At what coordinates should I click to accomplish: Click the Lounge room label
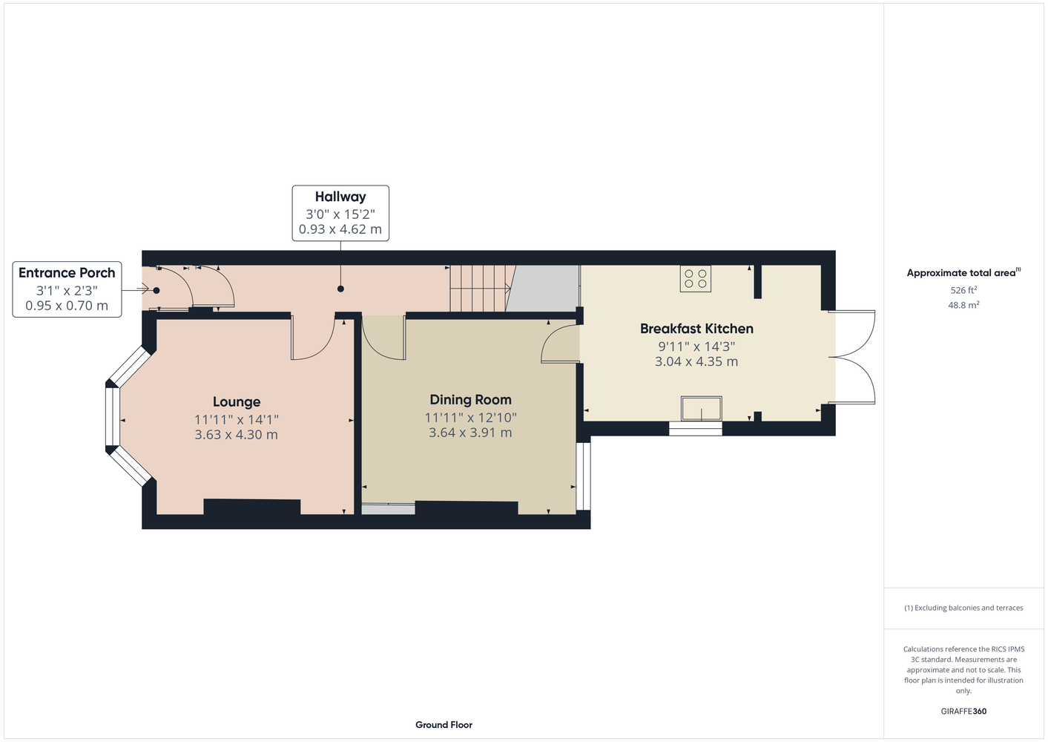pos(237,401)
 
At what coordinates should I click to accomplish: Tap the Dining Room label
pos(470,400)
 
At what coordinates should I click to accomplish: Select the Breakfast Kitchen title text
pos(696,329)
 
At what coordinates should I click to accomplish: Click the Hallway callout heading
pos(340,197)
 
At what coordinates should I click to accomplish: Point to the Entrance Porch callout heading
pos(67,273)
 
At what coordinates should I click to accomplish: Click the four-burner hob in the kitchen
pos(696,279)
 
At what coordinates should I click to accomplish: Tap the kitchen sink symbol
pos(702,408)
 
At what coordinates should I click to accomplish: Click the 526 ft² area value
pos(963,290)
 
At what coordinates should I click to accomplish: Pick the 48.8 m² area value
pos(963,305)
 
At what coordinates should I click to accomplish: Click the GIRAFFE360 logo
pos(963,711)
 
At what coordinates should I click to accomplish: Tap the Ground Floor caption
pos(444,725)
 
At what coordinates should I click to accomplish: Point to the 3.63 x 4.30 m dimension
pos(237,434)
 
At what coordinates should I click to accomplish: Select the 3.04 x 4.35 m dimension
pos(696,361)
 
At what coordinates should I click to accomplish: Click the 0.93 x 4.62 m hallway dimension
pos(340,229)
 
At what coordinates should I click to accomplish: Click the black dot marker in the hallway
pos(340,289)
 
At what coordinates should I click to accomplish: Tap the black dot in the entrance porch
pos(156,290)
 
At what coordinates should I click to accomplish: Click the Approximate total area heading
pos(963,272)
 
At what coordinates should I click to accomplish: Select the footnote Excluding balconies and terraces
pos(963,608)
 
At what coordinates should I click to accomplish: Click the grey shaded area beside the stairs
pos(545,289)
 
